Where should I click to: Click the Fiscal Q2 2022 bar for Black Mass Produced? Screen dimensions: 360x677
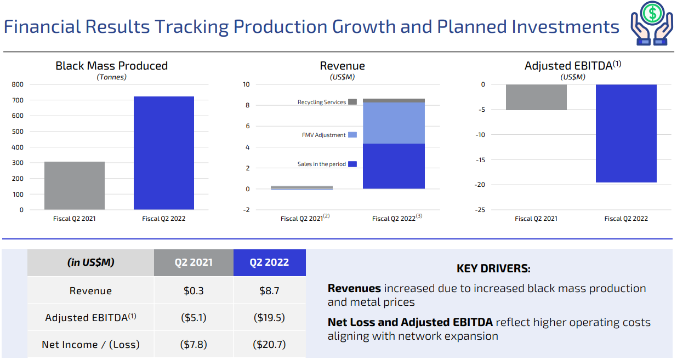click(163, 153)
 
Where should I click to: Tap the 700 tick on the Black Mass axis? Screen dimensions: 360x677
click(18, 100)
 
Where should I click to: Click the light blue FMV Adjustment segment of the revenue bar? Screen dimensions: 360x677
click(394, 123)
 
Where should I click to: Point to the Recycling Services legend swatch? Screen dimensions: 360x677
click(352, 102)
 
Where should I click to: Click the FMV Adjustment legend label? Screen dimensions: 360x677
click(323, 135)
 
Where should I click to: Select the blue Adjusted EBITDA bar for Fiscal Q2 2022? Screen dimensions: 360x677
click(626, 133)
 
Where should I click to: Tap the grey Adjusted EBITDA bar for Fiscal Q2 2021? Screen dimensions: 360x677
click(536, 97)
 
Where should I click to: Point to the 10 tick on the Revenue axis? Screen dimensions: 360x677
click(246, 84)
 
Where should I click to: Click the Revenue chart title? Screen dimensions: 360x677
click(342, 66)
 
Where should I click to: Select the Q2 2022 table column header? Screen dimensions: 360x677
click(269, 262)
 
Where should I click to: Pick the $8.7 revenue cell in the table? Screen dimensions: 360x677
click(269, 291)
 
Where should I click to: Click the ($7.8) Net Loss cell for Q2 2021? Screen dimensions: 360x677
click(194, 345)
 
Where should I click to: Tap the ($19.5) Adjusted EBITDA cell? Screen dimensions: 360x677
click(269, 318)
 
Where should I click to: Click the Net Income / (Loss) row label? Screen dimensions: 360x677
click(90, 345)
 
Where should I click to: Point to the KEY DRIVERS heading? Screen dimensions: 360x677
click(493, 268)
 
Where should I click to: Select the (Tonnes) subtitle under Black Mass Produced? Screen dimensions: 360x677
click(111, 77)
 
